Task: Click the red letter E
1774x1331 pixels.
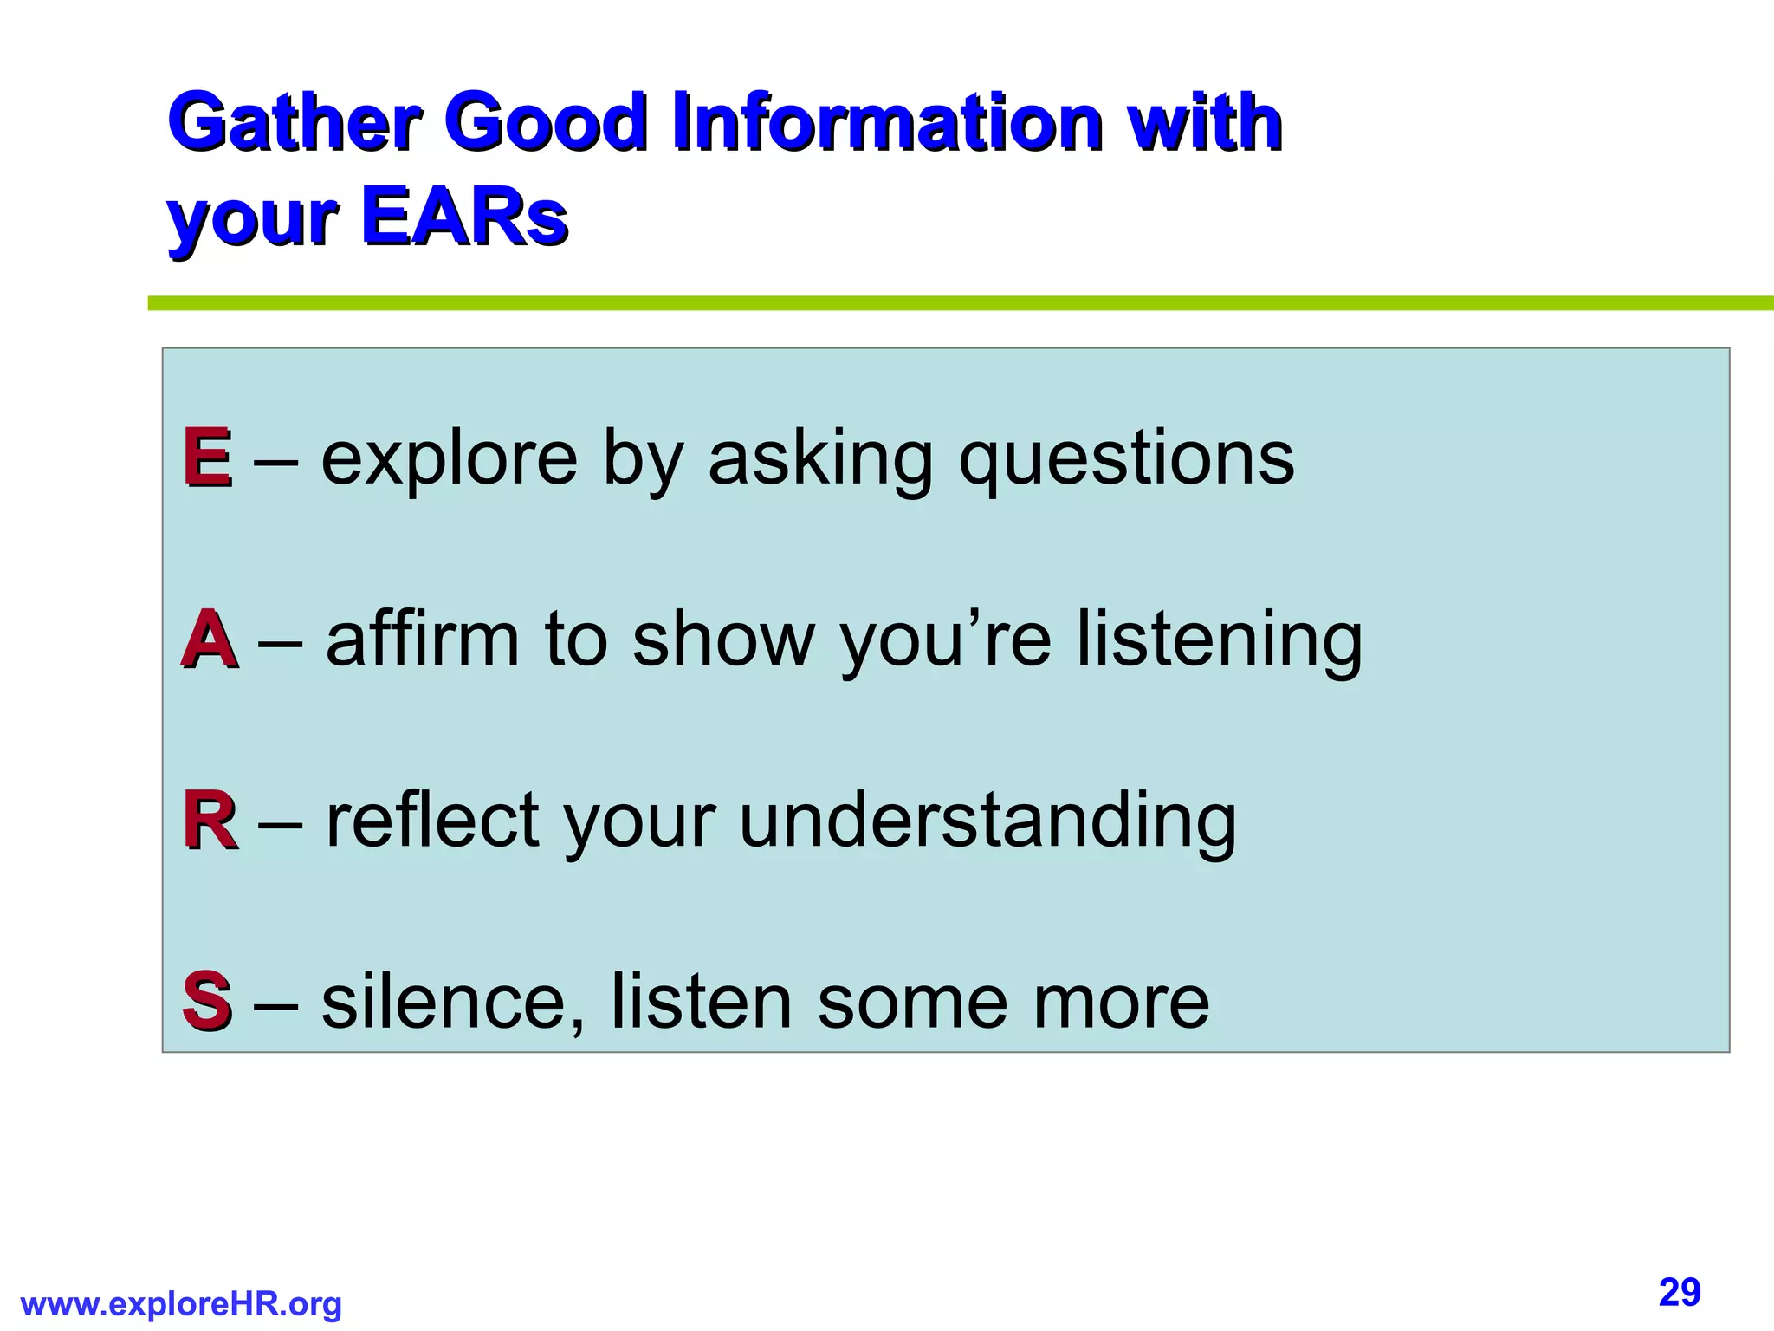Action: coord(207,458)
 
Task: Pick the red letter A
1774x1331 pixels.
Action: coord(209,640)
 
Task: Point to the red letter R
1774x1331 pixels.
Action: coord(209,821)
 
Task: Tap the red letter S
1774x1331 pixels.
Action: coord(207,1002)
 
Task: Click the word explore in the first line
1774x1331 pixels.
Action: coord(449,459)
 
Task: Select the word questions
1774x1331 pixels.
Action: coord(1125,459)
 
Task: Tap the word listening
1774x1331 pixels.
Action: coord(1219,641)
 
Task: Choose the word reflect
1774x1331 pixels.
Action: coord(432,821)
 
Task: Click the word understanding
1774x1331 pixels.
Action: coord(987,822)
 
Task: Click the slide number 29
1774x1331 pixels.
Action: coord(1680,1292)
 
